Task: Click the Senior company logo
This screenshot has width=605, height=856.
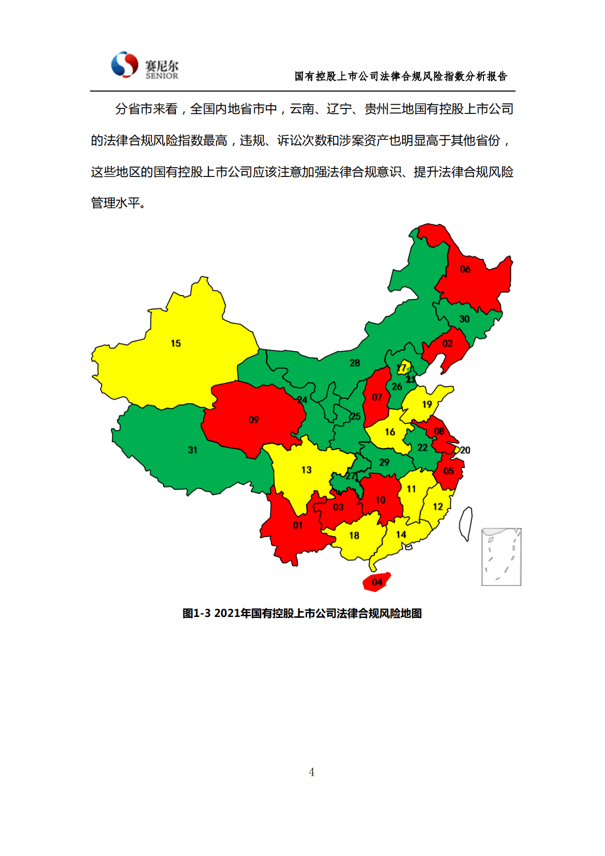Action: (x=144, y=66)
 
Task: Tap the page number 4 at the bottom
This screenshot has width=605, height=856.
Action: (x=312, y=772)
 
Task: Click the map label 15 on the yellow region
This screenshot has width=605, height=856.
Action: (x=176, y=343)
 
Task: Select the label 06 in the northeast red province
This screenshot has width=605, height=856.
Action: (x=465, y=269)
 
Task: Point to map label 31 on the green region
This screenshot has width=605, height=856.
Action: (x=193, y=450)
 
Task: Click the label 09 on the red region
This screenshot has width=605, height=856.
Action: (x=254, y=420)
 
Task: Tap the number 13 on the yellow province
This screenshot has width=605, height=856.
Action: (x=306, y=469)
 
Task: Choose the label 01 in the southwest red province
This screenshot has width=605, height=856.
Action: (x=298, y=525)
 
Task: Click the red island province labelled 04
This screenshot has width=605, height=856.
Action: (x=377, y=582)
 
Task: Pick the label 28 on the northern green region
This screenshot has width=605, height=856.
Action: (x=355, y=363)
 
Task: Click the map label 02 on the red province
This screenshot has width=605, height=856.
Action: (x=447, y=343)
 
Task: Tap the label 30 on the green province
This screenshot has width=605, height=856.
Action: (x=465, y=319)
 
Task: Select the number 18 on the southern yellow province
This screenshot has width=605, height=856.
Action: (x=354, y=535)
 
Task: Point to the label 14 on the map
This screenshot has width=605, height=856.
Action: (x=401, y=534)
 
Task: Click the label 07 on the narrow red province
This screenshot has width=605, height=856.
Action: (x=377, y=397)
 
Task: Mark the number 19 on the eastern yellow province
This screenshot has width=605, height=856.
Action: (x=427, y=404)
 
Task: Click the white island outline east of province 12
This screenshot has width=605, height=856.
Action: (x=466, y=524)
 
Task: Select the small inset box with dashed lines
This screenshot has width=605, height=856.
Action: (x=501, y=557)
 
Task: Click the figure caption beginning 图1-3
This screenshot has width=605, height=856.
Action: (x=302, y=613)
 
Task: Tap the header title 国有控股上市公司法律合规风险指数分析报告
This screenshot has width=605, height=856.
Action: (x=401, y=76)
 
